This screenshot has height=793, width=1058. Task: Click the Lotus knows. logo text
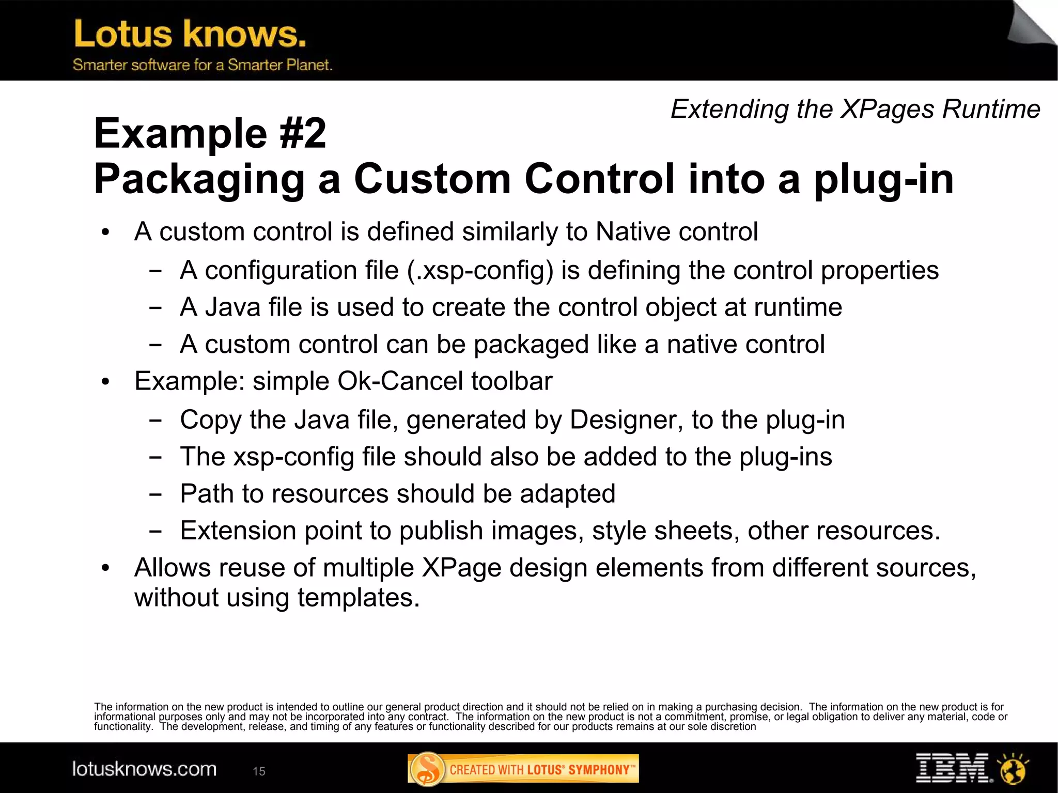pos(190,34)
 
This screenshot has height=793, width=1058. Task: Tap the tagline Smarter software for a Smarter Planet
pos(202,65)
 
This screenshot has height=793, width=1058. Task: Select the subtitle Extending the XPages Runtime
pos(855,109)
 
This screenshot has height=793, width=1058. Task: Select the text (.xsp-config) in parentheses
pos(480,271)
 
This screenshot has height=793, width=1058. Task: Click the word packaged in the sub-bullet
pos(531,345)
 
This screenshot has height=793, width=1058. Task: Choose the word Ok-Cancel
pos(400,381)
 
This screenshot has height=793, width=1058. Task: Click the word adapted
pos(567,493)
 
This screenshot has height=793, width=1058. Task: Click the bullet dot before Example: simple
pos(106,382)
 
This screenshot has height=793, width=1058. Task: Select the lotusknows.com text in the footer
pos(144,769)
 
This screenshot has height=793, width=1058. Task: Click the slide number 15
pos(259,771)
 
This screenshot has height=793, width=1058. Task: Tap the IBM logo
pos(954,768)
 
